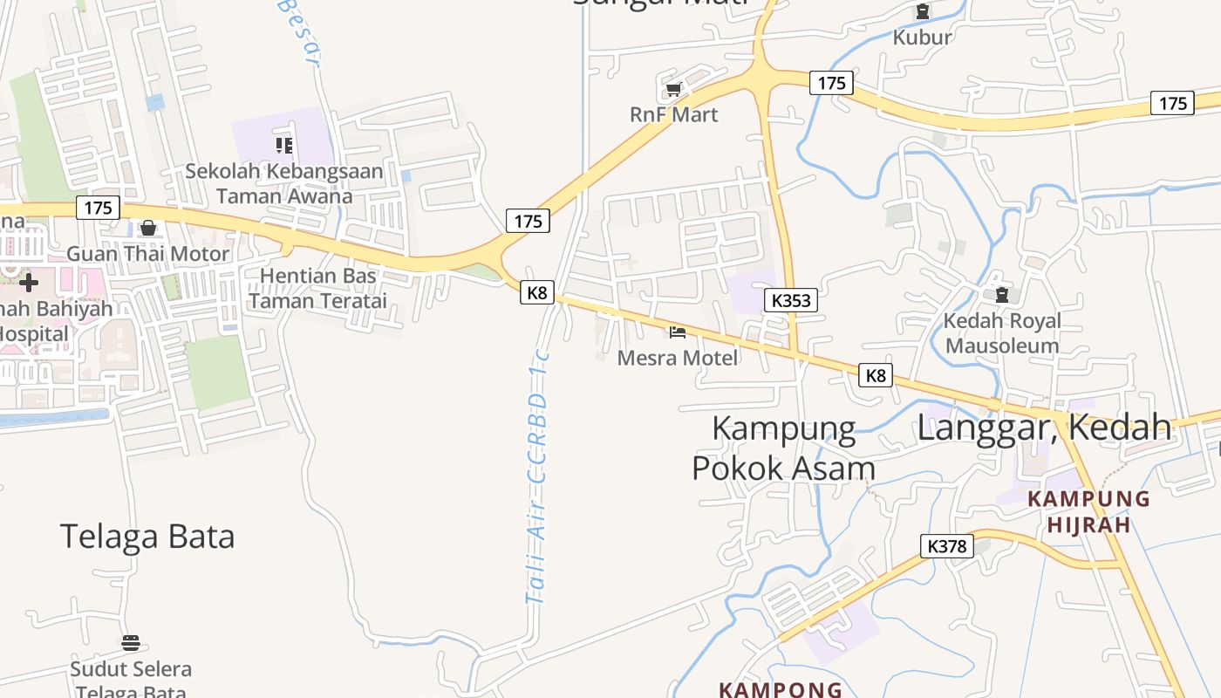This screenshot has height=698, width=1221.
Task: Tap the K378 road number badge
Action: click(x=946, y=546)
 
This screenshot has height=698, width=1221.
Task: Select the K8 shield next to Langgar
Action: click(x=876, y=375)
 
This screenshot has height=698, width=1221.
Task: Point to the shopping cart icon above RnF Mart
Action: click(x=673, y=89)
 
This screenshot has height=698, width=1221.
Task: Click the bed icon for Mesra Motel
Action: click(x=678, y=332)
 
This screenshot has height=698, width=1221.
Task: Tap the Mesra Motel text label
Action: click(x=678, y=358)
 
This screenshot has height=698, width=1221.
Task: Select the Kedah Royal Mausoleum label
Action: click(x=1002, y=333)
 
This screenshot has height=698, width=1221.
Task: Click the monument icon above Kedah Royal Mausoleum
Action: click(x=1001, y=296)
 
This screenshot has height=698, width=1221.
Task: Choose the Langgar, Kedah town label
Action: click(x=1044, y=428)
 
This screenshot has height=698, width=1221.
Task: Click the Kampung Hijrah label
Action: click(x=1088, y=512)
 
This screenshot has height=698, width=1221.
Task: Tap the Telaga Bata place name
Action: click(x=147, y=536)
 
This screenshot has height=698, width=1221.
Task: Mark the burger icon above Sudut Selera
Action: click(x=131, y=643)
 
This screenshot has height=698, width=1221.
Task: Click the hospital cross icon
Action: click(x=29, y=282)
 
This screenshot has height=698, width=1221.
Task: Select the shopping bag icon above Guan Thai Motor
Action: click(x=148, y=229)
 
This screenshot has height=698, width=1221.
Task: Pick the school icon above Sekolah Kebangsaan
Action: click(x=283, y=145)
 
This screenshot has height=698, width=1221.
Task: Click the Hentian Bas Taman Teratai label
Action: click(x=318, y=289)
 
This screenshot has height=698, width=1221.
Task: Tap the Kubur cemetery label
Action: click(x=922, y=38)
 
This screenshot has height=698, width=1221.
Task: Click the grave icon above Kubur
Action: click(x=922, y=12)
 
